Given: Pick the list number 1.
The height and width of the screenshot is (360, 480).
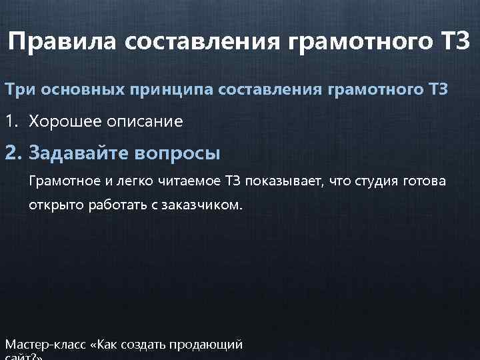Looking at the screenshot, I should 10,121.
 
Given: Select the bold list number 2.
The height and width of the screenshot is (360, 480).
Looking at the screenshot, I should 11,153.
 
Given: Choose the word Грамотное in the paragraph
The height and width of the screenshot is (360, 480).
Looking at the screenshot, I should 58,181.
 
